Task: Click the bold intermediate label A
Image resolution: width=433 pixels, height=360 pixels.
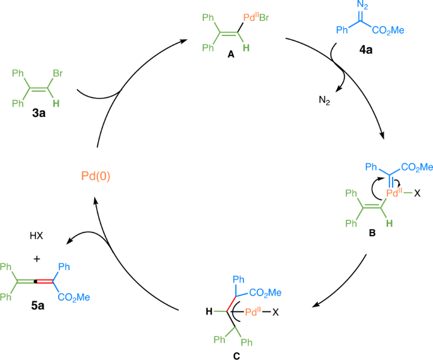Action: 231,56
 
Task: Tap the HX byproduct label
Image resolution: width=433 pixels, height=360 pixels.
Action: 35,236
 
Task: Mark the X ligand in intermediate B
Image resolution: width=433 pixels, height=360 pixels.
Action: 418,194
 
